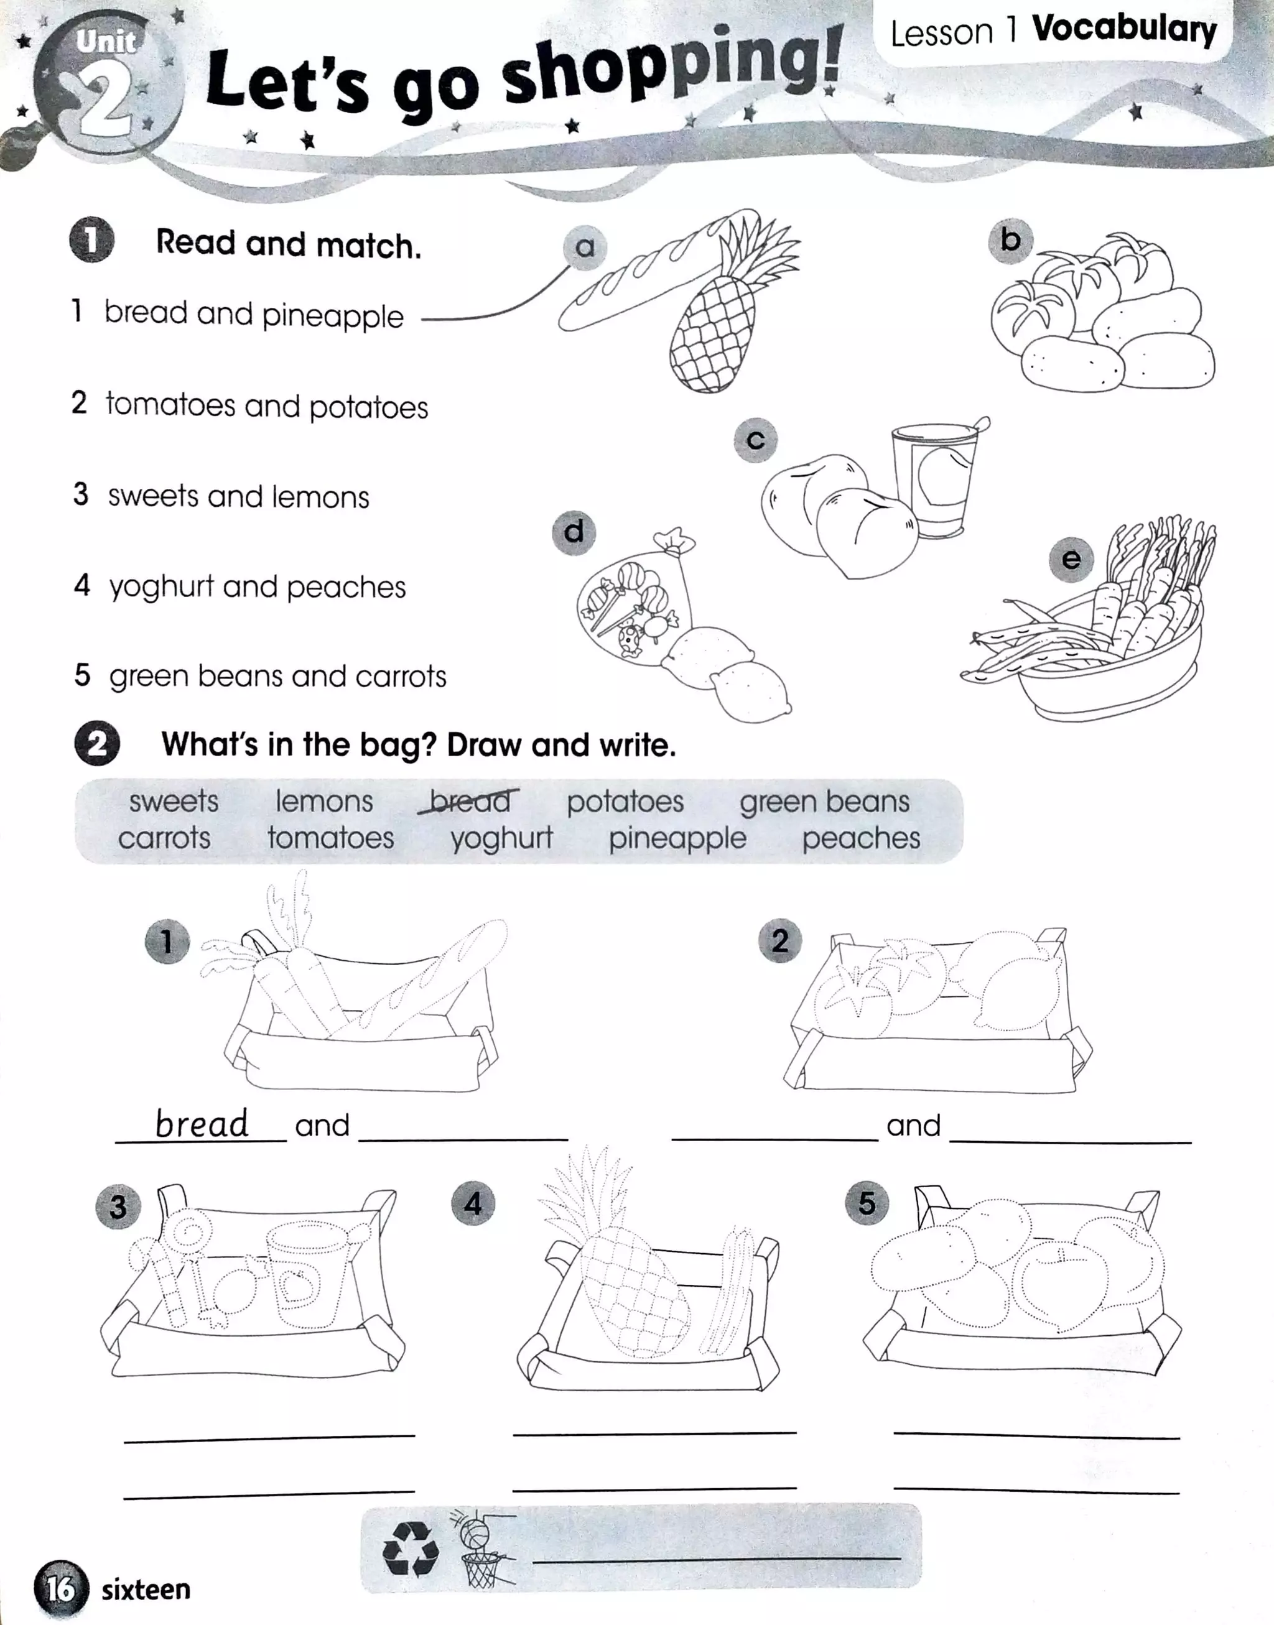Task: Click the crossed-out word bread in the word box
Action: tap(469, 801)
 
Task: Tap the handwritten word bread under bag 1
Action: tap(202, 1123)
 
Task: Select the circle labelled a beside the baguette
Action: tap(585, 247)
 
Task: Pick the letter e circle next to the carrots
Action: tap(1071, 559)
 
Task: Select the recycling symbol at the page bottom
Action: tap(409, 1550)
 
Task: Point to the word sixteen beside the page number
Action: tap(146, 1589)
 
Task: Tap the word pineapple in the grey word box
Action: tap(677, 838)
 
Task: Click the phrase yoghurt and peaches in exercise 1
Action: tap(258, 587)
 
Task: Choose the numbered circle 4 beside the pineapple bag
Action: tap(473, 1203)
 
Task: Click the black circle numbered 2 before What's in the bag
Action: tap(97, 744)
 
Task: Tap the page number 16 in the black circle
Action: tap(60, 1588)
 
